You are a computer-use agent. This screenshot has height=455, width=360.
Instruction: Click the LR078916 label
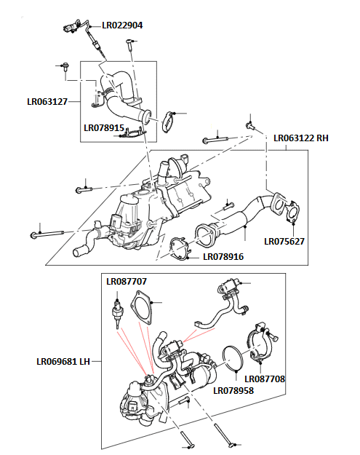click(223, 256)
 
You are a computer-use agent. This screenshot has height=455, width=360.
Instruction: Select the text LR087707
click(127, 281)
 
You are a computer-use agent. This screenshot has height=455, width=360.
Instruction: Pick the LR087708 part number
click(265, 379)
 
